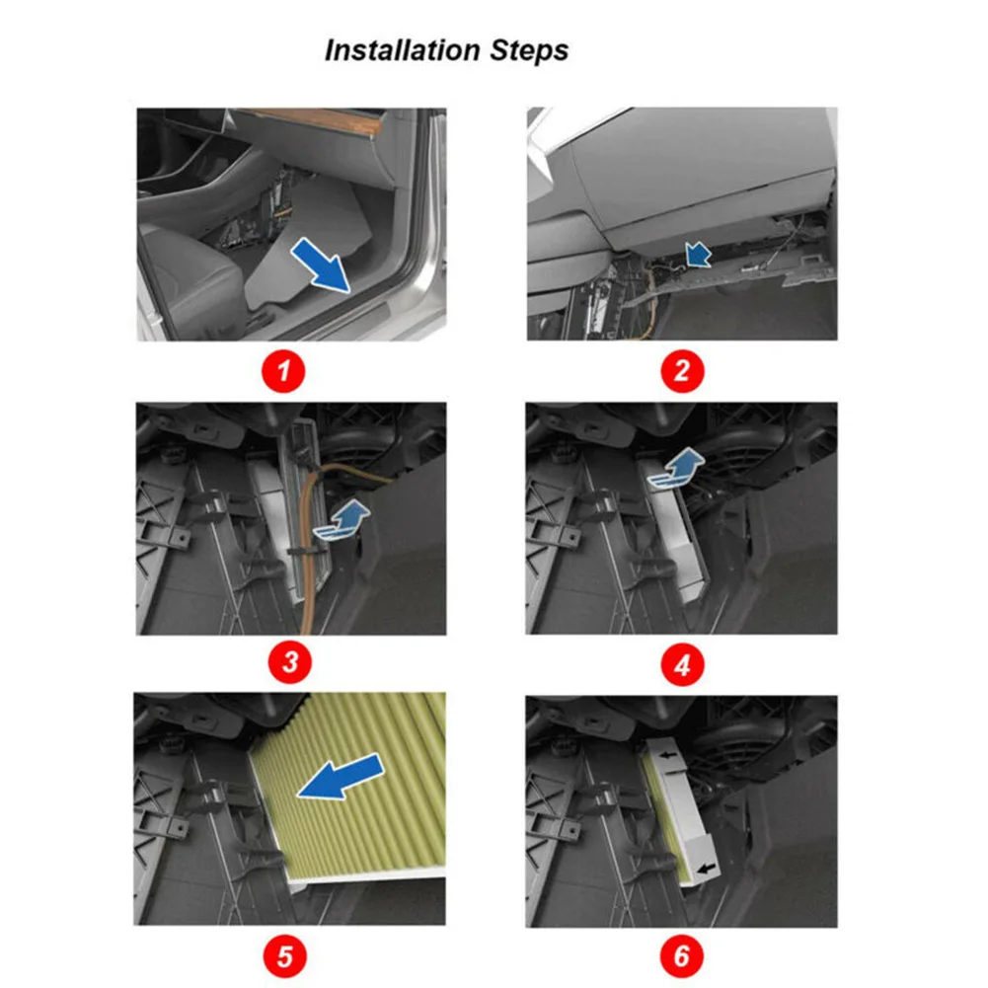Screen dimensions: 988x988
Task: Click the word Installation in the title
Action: (403, 49)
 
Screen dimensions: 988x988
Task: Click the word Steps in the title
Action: (529, 50)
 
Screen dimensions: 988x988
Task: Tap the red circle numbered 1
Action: (283, 371)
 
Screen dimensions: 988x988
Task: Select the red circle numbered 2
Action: (682, 370)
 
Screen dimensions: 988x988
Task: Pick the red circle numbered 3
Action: (290, 662)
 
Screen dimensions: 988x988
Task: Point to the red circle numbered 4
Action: (682, 665)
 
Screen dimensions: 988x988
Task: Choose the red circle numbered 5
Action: (285, 956)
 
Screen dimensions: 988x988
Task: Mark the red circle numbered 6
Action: (682, 955)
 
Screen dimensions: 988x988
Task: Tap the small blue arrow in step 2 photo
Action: (698, 254)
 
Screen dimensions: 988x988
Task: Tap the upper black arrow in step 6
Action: (667, 754)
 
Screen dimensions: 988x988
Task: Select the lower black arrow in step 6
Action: (708, 869)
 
